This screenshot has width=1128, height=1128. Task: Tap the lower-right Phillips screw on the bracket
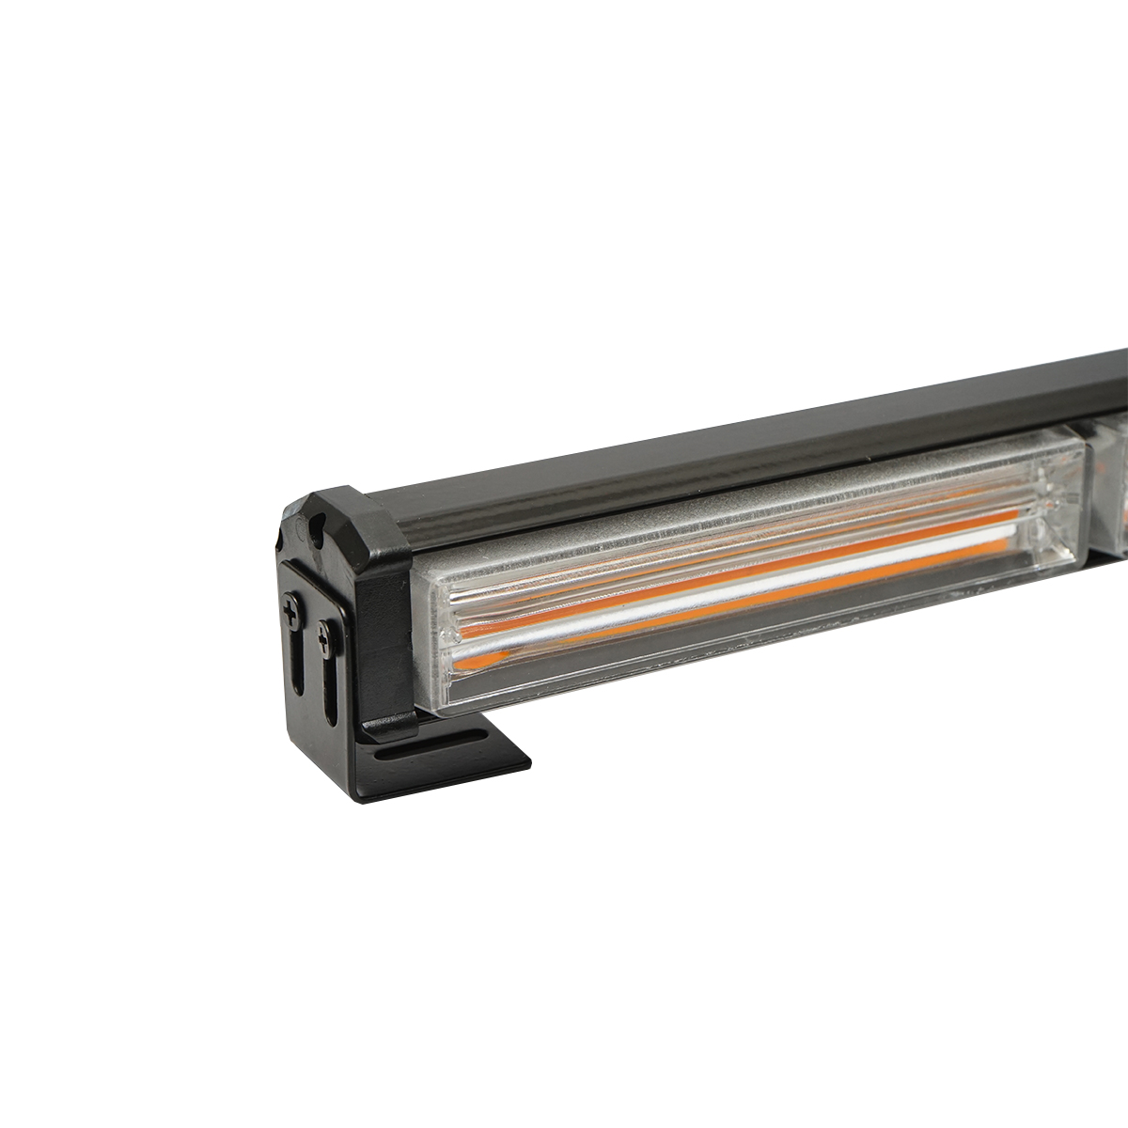point(324,643)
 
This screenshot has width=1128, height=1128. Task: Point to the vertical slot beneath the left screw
point(296,663)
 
